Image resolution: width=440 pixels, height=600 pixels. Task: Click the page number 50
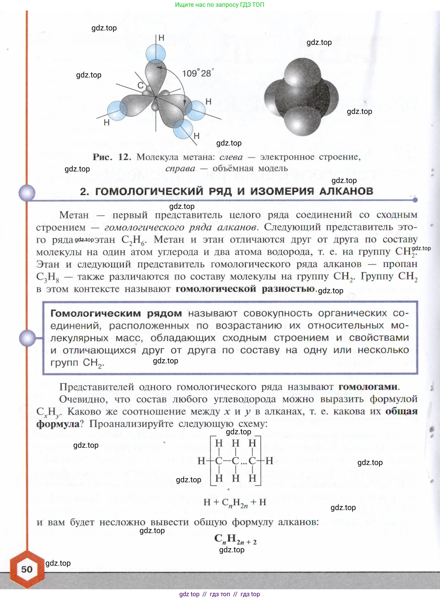coord(27,569)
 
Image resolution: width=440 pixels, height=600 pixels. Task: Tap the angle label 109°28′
coord(197,73)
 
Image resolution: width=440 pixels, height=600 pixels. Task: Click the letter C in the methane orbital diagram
coord(140,85)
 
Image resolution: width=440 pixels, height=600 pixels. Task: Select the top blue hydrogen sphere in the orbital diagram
coord(156,53)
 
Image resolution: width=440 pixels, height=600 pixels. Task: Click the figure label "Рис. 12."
coord(112,157)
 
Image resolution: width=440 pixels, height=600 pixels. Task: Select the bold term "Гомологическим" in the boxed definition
coord(96,313)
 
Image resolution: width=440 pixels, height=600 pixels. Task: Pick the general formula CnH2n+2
coord(235,539)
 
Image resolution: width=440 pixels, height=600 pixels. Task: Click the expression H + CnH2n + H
coord(235,502)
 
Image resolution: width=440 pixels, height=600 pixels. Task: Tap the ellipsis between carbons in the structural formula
coord(244,461)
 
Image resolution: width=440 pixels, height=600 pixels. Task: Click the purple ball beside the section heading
coord(27,193)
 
